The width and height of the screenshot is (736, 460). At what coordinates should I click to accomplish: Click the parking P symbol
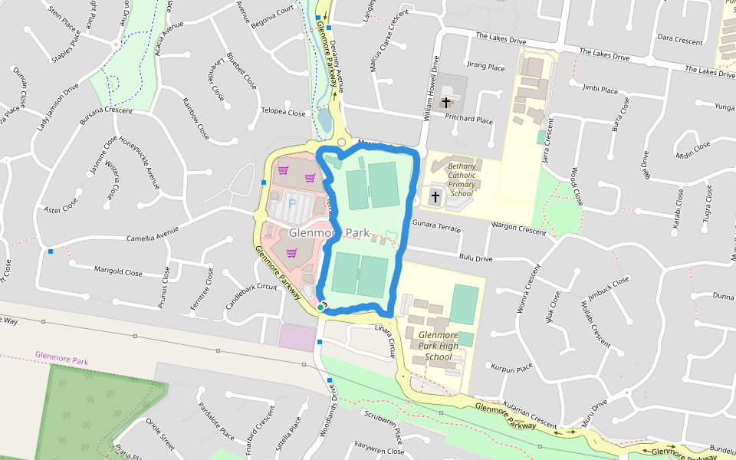[x=292, y=203]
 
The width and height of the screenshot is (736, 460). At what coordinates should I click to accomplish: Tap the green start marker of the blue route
[x=320, y=307]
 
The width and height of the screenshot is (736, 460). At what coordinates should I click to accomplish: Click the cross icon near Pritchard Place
[x=446, y=102]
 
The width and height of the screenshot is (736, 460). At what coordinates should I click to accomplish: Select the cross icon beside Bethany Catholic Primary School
[x=435, y=197]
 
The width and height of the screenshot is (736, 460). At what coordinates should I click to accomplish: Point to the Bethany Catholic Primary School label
[x=462, y=179]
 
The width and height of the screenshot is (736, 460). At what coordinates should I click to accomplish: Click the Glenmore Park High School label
[x=438, y=346]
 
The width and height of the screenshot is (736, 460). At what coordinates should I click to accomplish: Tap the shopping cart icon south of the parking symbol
[x=292, y=252]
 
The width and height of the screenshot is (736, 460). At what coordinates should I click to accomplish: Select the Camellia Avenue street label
[x=153, y=233]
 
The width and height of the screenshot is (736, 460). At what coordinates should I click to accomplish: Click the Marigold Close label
[x=118, y=271]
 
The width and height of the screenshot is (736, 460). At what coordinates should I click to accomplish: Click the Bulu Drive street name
[x=475, y=259]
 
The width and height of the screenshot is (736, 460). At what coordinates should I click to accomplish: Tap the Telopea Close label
[x=284, y=112]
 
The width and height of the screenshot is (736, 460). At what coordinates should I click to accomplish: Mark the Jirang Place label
[x=486, y=67]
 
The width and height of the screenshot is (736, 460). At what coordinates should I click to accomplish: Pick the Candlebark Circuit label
[x=251, y=287]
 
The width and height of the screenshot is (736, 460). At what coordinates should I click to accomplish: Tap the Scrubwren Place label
[x=383, y=426]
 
